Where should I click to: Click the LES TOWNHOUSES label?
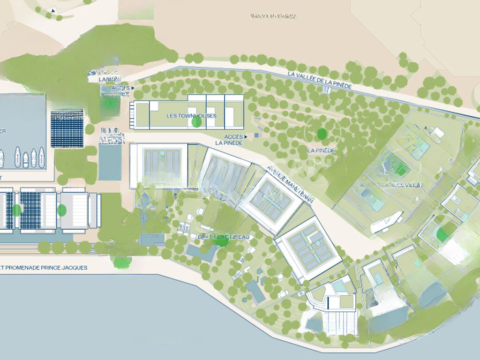[185, 115]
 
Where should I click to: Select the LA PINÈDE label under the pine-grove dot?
[321, 150]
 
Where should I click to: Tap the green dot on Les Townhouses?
[197, 122]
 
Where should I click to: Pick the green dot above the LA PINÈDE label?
[322, 134]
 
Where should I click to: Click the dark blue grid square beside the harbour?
[67, 128]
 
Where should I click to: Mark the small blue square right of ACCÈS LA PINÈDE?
[256, 135]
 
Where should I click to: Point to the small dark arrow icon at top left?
[53, 10]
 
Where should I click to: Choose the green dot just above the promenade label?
[121, 262]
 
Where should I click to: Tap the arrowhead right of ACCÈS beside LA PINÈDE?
[245, 136]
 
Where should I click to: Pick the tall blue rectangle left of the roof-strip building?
[110, 162]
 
